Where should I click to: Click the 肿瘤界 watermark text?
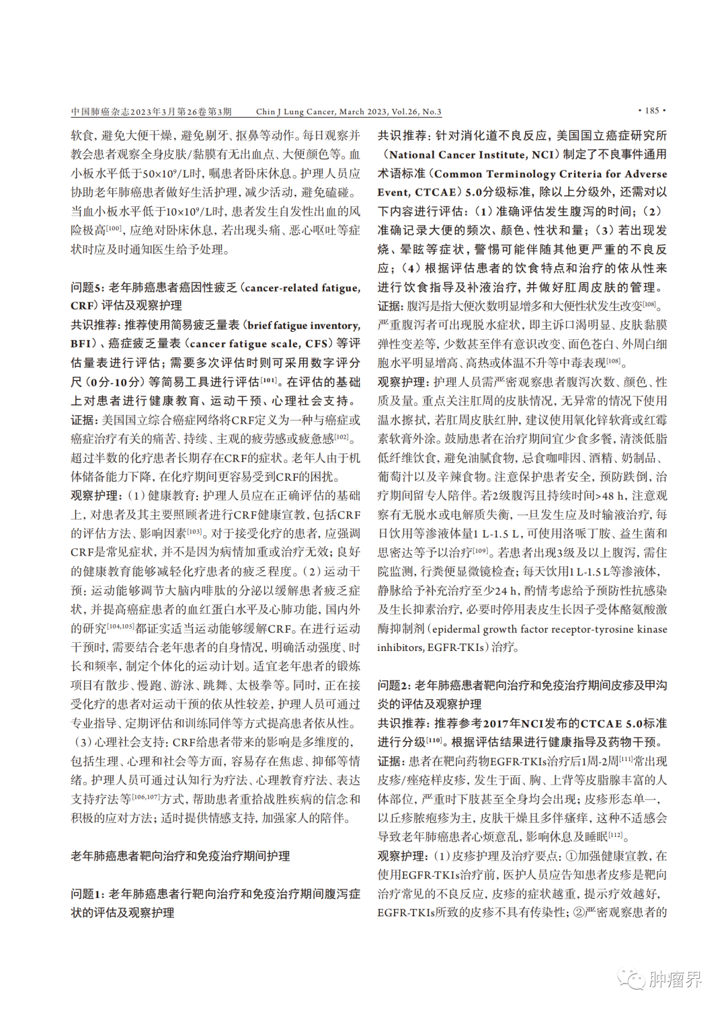[676, 979]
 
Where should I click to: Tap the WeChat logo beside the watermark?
[631, 979]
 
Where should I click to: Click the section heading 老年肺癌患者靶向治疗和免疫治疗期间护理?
[180, 856]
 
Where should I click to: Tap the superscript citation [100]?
[114, 228]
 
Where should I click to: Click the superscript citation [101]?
[268, 380]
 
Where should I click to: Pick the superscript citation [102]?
[342, 437]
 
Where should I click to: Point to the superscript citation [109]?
[480, 550]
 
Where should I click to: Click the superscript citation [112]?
[615, 834]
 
